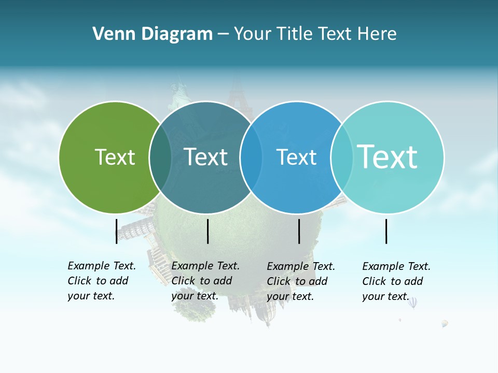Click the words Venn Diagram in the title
pyautogui.click(x=152, y=34)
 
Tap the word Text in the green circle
pyautogui.click(x=115, y=157)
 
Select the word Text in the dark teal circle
pyautogui.click(x=205, y=157)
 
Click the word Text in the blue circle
pyautogui.click(x=296, y=157)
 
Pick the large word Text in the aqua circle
pyautogui.click(x=388, y=156)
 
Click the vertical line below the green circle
pyautogui.click(x=116, y=231)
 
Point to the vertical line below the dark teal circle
pyautogui.click(x=208, y=231)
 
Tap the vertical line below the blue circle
pyautogui.click(x=299, y=231)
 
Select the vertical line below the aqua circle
pyautogui.click(x=386, y=231)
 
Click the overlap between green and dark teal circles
pyautogui.click(x=160, y=157)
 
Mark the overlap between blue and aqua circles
pyautogui.click(x=342, y=157)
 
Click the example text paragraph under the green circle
pyautogui.click(x=102, y=281)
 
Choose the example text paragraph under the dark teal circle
pyautogui.click(x=205, y=281)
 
